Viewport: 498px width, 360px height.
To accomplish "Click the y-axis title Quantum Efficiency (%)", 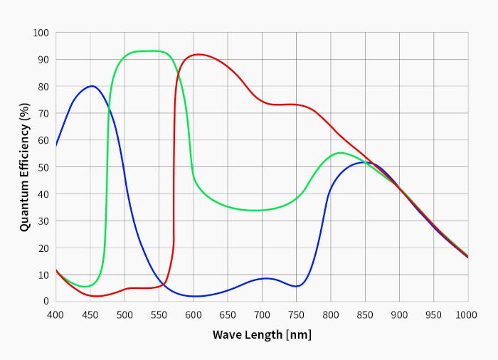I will pos(25,167).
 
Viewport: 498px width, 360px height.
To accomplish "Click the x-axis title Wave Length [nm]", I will pos(262,334).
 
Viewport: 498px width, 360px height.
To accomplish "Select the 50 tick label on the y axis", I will pos(43,167).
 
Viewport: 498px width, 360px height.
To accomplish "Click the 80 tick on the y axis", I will pos(43,87).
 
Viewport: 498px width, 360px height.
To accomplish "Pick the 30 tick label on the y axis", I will pos(43,221).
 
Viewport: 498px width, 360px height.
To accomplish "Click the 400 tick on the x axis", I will pos(55,314).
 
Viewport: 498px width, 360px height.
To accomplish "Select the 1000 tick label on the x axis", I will pos(466,314).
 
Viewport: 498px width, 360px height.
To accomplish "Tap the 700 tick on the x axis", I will pos(262,314).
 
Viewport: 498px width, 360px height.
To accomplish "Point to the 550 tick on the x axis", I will pos(159,314).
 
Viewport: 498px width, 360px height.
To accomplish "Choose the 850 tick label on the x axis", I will pos(365,314).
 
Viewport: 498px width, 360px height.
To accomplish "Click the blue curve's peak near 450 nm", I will pos(92,86).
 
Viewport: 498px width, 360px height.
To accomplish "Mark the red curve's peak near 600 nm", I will pos(197,54).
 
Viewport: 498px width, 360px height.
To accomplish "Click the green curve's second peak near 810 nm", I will pos(340,152).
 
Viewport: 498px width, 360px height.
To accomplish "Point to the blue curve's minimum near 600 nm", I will pos(194,296).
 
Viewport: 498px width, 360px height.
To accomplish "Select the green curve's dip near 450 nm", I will pos(85,287).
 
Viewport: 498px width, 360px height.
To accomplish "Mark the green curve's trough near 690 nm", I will pos(255,210).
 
